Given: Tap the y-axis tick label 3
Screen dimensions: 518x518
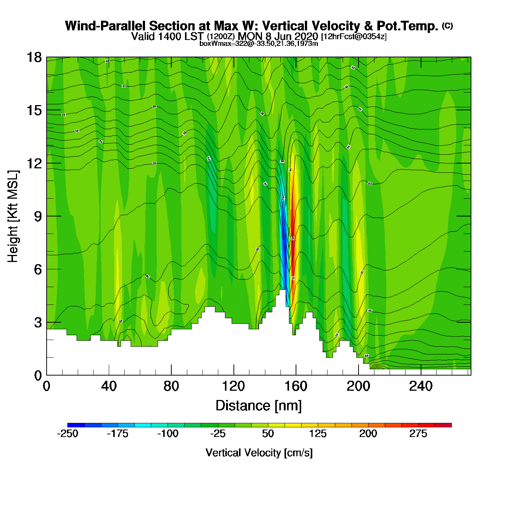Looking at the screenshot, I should click(38, 323).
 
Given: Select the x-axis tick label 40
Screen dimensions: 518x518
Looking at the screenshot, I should click(109, 387).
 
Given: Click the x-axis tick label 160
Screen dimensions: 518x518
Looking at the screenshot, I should click(296, 387).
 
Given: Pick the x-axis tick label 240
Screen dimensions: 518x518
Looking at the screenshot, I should click(421, 387).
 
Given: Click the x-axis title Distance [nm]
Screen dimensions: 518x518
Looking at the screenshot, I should click(259, 406).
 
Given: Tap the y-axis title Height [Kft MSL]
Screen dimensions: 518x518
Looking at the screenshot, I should click(13, 216).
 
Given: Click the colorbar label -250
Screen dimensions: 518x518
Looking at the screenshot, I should click(68, 434).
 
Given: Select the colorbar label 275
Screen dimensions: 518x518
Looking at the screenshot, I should click(418, 434).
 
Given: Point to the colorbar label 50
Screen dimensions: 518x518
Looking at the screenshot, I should click(268, 434).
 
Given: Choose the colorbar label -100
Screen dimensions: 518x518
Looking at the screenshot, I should click(168, 434).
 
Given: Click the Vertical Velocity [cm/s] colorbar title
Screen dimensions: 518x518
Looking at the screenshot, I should click(259, 453).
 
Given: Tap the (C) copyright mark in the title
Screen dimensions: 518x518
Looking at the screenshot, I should click(447, 26).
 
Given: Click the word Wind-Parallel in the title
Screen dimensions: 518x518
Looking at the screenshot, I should click(106, 26).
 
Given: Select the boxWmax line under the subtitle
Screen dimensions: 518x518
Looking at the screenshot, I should click(259, 44).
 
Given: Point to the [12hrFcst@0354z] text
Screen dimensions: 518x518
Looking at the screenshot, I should click(354, 37).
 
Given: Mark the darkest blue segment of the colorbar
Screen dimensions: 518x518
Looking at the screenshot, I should click(76, 425).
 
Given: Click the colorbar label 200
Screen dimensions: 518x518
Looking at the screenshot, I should click(368, 434).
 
